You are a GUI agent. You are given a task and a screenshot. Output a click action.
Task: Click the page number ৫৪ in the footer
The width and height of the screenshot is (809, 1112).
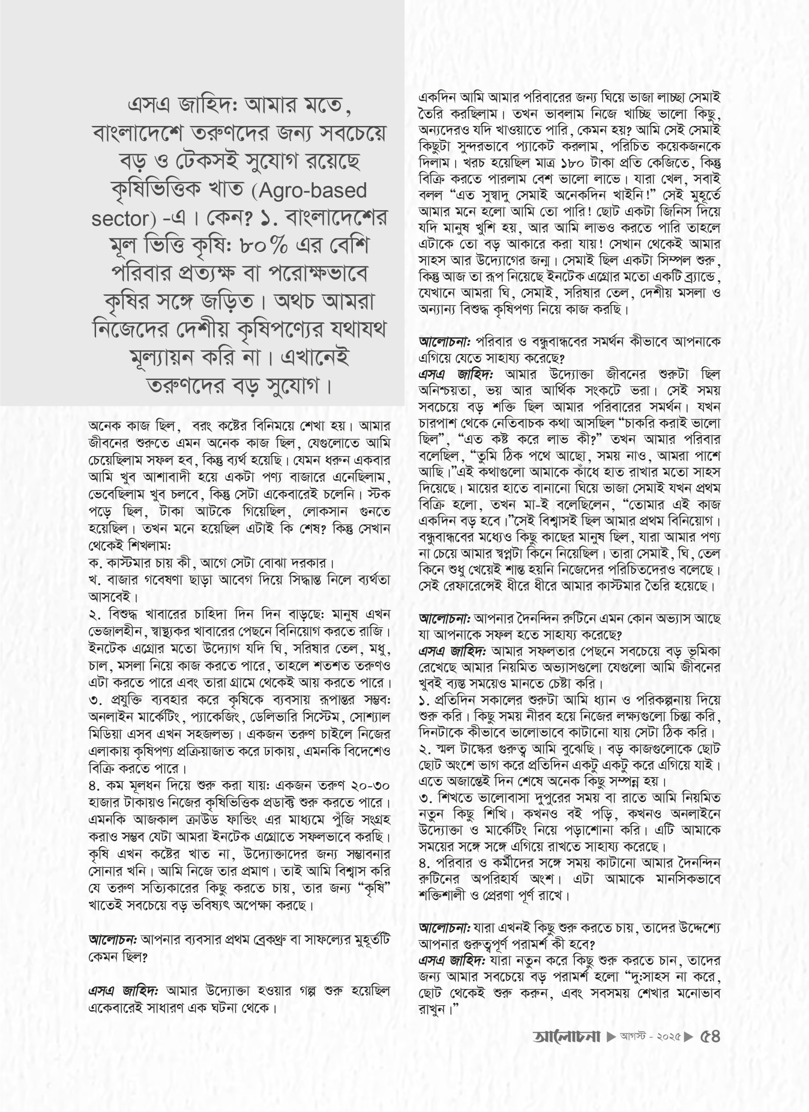pyautogui.click(x=710, y=1036)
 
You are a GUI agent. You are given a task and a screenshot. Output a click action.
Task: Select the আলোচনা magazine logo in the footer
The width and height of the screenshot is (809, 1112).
pyautogui.click(x=567, y=1036)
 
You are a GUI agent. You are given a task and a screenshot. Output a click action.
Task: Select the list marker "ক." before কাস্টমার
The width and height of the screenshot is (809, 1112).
pyautogui.click(x=95, y=563)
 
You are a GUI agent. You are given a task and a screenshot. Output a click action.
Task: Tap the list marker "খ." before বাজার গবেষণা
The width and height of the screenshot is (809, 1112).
pyautogui.click(x=95, y=579)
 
